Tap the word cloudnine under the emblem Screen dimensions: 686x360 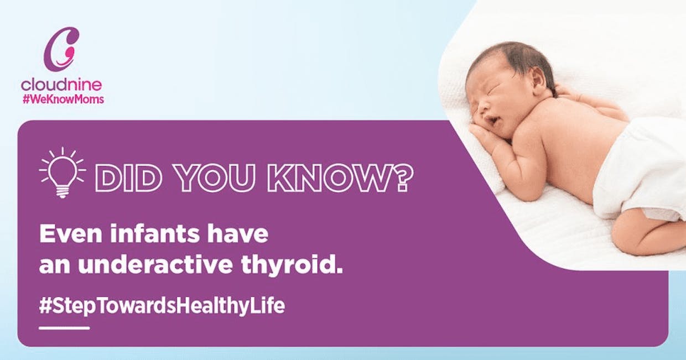[x=61, y=85]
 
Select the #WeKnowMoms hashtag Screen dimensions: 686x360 [x=64, y=100]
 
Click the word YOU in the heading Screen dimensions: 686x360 [x=215, y=178]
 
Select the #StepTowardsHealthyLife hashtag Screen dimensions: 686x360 [x=162, y=305]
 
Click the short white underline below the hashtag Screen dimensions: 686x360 [x=64, y=328]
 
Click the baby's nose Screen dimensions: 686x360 [x=484, y=107]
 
